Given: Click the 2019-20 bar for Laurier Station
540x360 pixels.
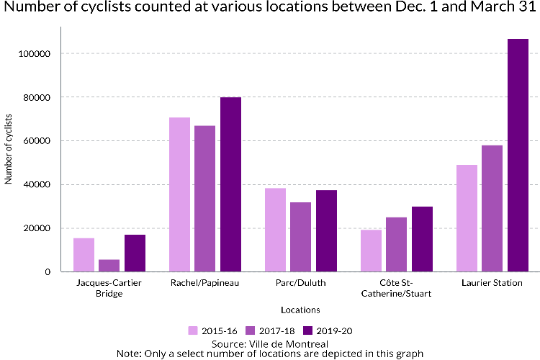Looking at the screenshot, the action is click(x=518, y=156).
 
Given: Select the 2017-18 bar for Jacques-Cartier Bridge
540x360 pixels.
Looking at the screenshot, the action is click(x=109, y=266).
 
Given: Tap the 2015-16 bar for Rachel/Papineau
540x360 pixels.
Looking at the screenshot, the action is click(x=179, y=194).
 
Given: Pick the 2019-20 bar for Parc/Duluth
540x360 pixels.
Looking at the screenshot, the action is click(x=326, y=231).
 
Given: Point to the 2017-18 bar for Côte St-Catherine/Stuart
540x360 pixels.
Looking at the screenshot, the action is click(x=397, y=245).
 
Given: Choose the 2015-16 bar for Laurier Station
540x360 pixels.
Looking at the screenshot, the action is click(x=467, y=218).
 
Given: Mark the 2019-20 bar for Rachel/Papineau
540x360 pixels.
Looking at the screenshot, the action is click(x=230, y=184).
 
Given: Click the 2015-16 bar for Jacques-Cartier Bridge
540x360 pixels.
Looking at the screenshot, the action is click(x=84, y=255).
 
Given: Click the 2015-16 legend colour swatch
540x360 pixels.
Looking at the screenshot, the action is click(x=193, y=330).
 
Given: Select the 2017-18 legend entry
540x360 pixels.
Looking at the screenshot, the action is click(x=270, y=330).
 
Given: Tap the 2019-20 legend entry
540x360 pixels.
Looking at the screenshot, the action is click(x=328, y=330).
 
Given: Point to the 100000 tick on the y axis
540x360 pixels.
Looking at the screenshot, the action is click(x=35, y=54).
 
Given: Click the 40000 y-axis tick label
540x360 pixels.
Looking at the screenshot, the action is click(x=37, y=184).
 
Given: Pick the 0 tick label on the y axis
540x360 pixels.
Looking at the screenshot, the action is click(x=48, y=272).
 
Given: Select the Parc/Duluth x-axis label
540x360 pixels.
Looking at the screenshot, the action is click(x=301, y=283).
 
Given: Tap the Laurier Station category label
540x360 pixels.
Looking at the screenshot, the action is click(x=492, y=283).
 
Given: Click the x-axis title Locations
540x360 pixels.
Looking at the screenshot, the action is click(x=301, y=310).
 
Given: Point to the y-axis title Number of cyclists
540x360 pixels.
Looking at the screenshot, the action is click(x=8, y=149).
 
